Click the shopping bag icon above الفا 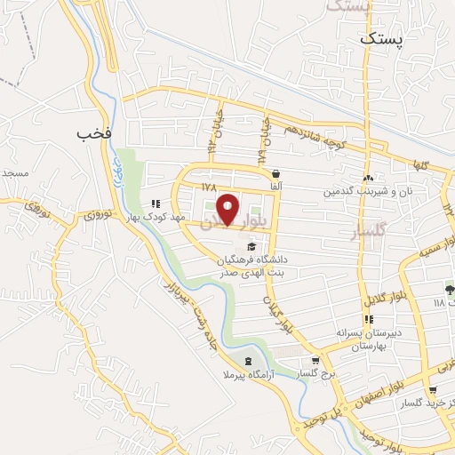[276, 173]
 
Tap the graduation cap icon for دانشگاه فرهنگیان [251, 246]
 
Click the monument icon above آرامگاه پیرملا [247, 361]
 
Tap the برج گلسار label [314, 374]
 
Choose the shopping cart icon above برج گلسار [315, 361]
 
